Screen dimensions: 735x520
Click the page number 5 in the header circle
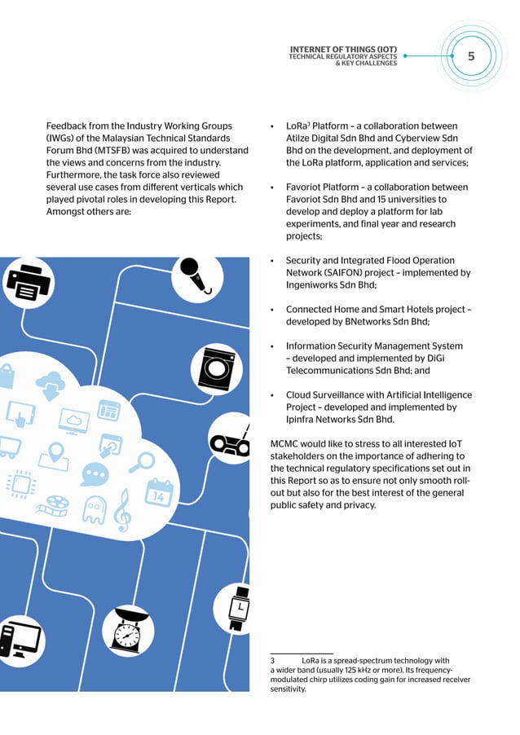click(x=471, y=57)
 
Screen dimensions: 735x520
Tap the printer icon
click(x=29, y=281)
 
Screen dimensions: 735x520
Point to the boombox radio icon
click(x=231, y=441)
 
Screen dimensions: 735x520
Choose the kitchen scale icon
click(x=128, y=628)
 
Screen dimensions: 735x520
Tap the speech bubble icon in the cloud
click(x=95, y=473)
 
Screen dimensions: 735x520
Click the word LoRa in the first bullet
click(x=295, y=126)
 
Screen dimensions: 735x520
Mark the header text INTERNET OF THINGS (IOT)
click(x=342, y=49)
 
